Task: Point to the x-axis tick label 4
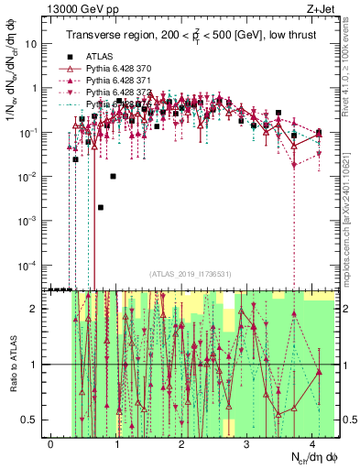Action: [x=312, y=443]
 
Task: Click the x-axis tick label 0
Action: [x=51, y=443]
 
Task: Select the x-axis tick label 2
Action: [x=181, y=443]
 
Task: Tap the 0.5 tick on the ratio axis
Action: [x=33, y=420]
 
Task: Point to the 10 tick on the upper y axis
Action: [x=33, y=43]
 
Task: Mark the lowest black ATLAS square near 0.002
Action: [x=101, y=207]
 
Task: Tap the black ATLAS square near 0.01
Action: [x=114, y=176]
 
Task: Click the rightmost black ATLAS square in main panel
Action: [x=318, y=132]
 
